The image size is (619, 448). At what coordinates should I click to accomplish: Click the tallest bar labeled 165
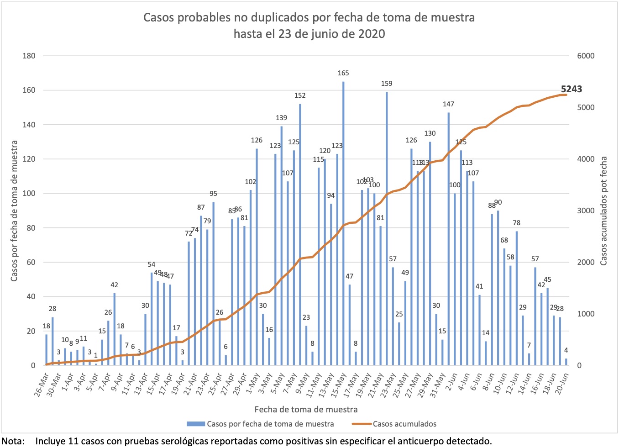[343, 224]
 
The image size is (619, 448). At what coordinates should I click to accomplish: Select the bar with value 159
[387, 228]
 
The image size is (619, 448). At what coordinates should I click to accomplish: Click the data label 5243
[571, 89]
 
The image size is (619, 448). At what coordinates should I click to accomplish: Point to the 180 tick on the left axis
[29, 56]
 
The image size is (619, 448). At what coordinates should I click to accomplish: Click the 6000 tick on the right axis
[586, 56]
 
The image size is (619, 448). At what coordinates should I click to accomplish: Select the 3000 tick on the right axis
[586, 211]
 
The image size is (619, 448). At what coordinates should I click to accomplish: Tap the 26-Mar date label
[42, 385]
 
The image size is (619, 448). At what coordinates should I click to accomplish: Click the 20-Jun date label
[562, 385]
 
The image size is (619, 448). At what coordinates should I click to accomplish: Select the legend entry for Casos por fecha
[270, 424]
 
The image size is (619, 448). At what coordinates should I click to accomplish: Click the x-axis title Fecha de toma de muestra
[306, 409]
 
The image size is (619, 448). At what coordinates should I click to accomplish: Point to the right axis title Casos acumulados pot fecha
[604, 211]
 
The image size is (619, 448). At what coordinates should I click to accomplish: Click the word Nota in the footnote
[12, 441]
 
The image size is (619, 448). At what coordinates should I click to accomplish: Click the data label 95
[213, 194]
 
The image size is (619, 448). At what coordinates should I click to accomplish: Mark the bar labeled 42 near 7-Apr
[114, 329]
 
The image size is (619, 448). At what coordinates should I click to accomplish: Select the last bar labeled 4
[566, 362]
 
